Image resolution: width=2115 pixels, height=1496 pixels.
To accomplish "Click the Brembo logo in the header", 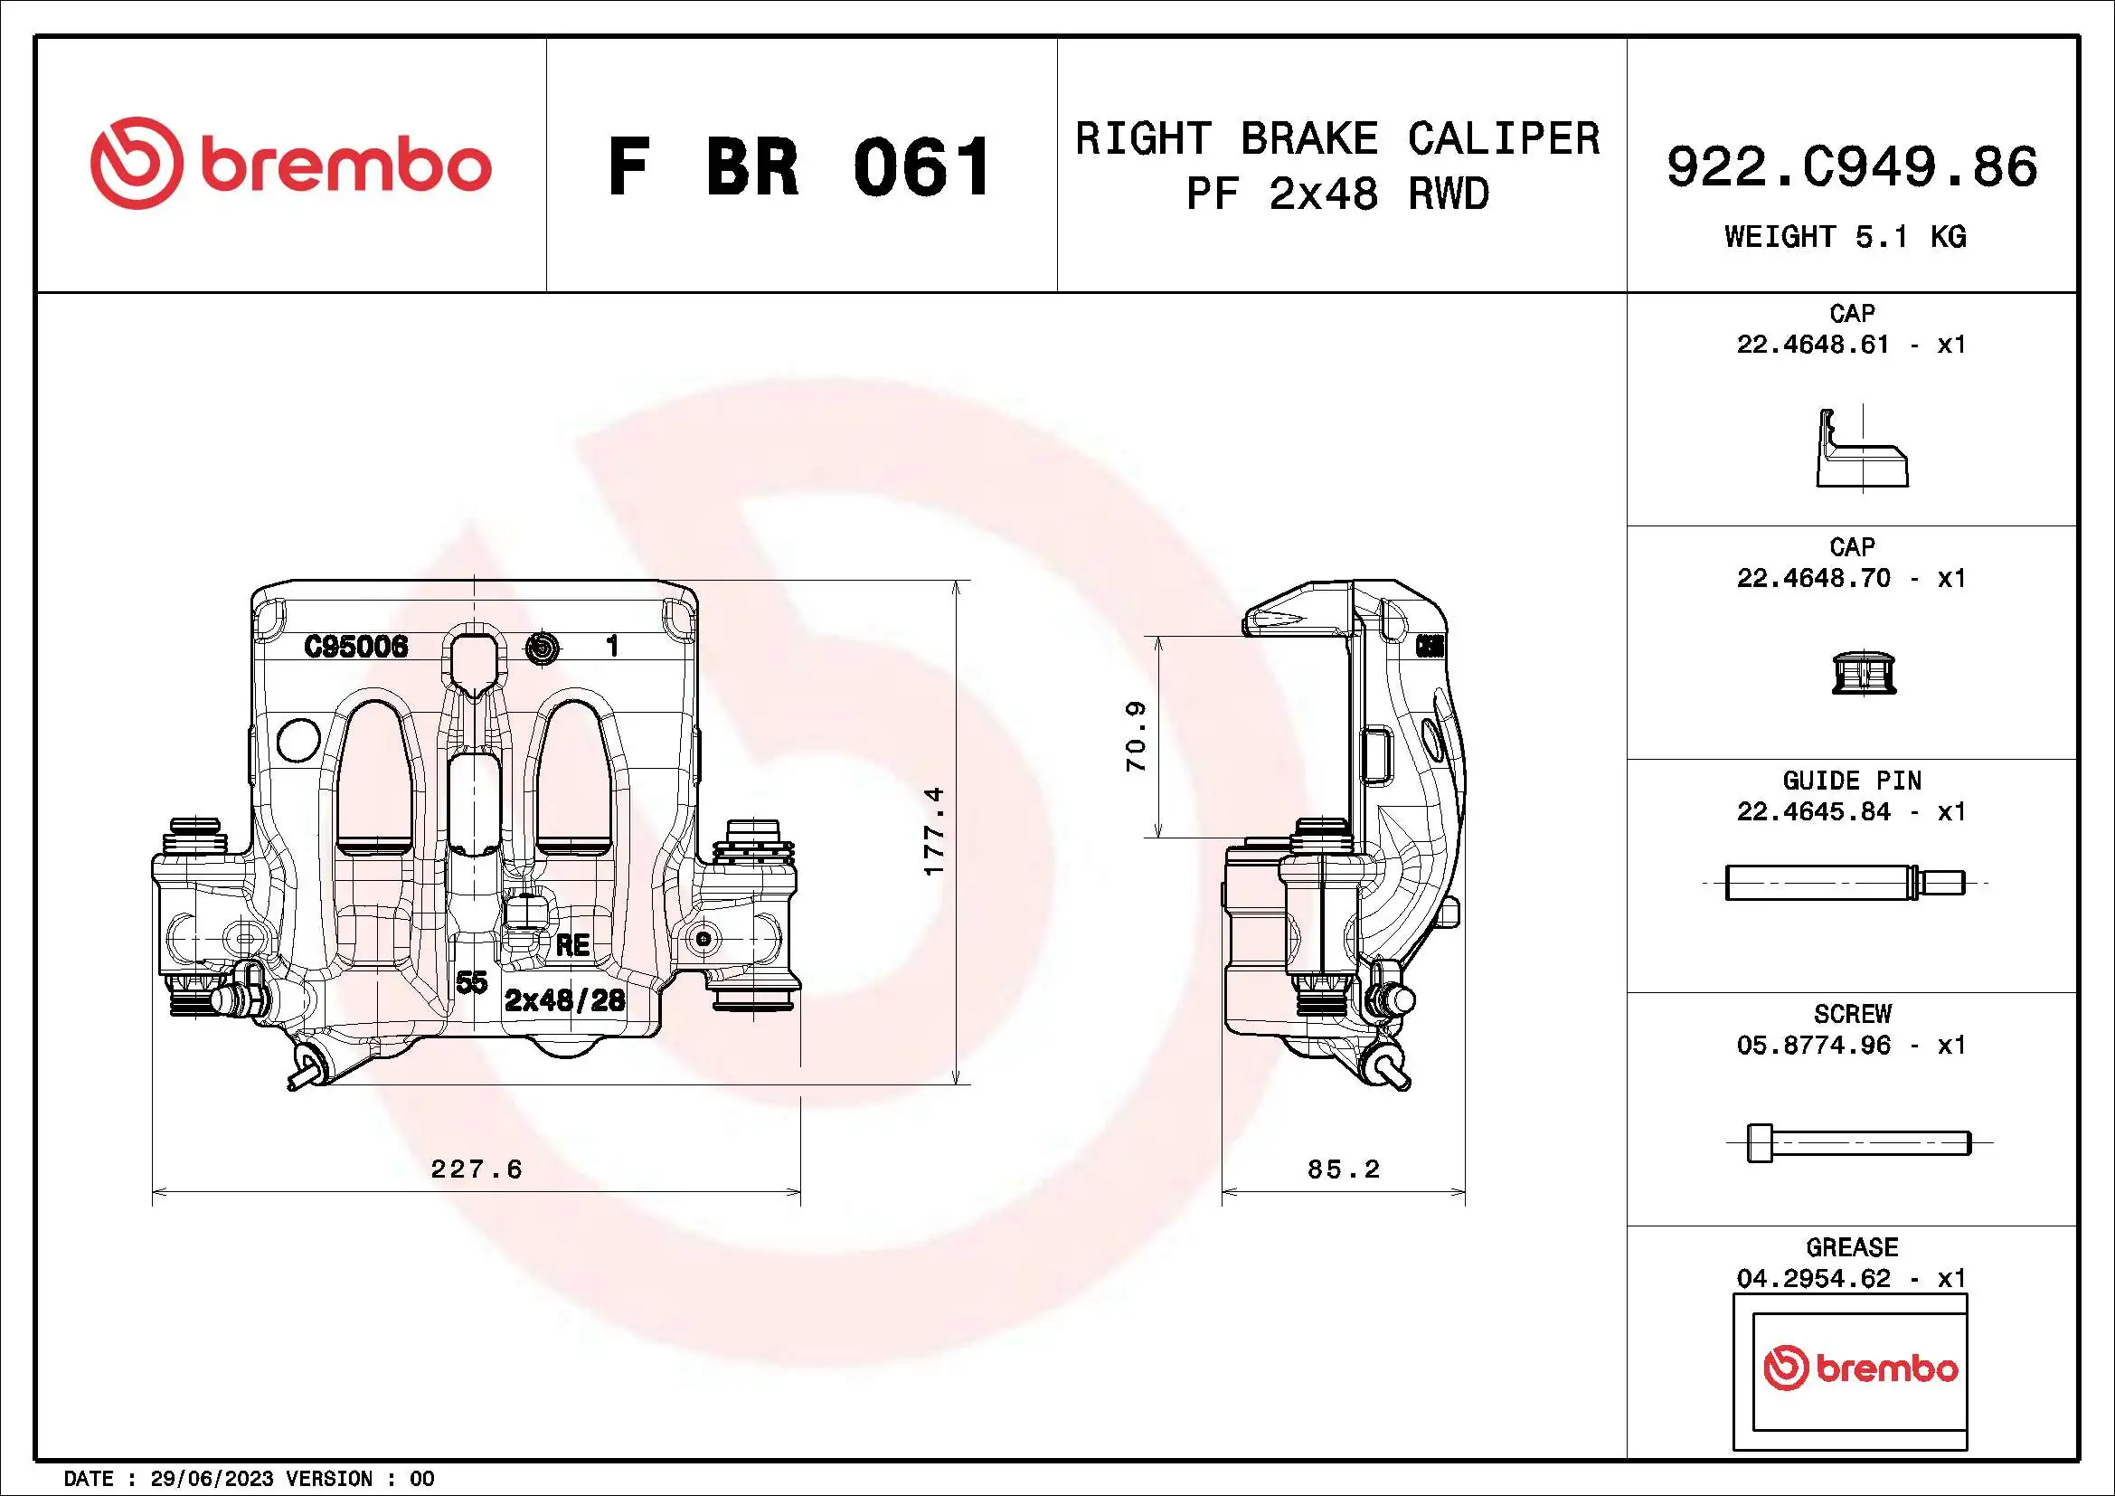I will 290,164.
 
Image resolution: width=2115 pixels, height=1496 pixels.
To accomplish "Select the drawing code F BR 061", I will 799,167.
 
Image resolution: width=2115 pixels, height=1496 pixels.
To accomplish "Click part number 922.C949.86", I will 1852,166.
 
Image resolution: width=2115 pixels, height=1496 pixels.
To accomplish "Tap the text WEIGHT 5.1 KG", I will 1846,237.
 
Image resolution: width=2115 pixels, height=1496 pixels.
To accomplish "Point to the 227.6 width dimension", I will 477,1169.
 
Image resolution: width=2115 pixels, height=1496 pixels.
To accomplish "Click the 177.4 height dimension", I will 934,831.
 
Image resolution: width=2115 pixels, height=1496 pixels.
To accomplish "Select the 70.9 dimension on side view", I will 1137,736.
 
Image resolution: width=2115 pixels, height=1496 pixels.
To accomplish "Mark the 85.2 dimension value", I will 1343,1169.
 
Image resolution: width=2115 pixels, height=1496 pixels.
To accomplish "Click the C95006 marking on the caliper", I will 355,647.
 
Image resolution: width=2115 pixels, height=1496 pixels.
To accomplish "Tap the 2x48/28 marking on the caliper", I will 564,999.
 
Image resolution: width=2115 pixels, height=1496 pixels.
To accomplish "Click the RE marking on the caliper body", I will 572,945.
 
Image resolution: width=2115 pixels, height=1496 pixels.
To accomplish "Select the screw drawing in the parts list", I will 1858,1143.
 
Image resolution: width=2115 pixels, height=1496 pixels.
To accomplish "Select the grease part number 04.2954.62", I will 1813,1279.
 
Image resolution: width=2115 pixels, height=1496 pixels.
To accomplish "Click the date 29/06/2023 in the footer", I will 212,1479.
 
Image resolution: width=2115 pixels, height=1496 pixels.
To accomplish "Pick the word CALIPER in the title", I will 1504,139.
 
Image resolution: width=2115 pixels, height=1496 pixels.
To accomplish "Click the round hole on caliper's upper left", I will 298,739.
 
